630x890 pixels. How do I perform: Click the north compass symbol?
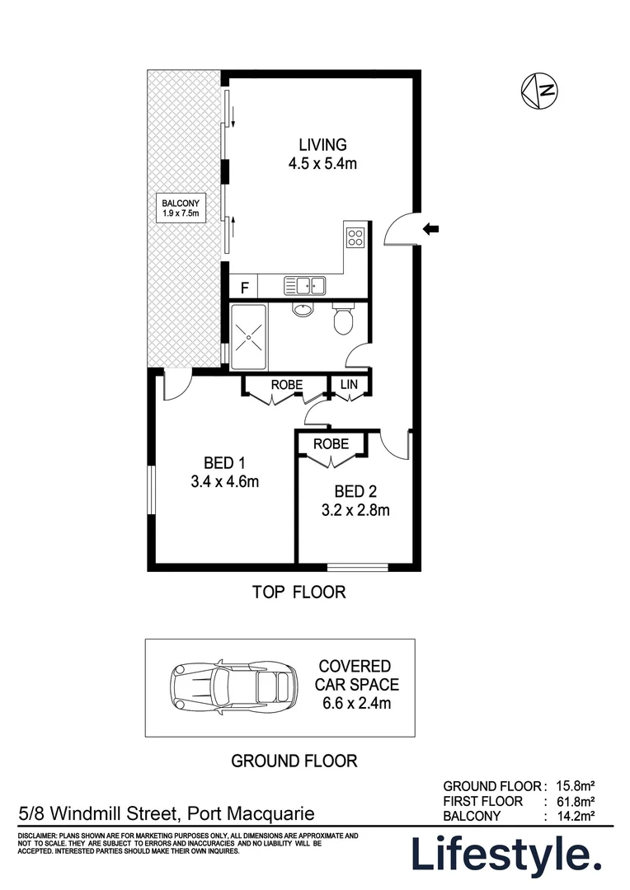point(538,90)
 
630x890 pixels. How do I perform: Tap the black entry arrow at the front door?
point(431,229)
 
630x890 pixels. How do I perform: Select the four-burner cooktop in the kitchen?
point(355,237)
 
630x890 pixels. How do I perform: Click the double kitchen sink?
point(305,286)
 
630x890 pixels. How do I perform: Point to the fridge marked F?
point(243,288)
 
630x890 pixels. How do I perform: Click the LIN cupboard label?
point(349,385)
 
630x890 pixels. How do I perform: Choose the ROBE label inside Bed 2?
point(330,444)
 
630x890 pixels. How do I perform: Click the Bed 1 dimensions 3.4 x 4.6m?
point(224,481)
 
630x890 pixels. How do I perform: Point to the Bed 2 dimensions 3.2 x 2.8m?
point(355,509)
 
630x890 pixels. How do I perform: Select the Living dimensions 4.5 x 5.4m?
point(322,163)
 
